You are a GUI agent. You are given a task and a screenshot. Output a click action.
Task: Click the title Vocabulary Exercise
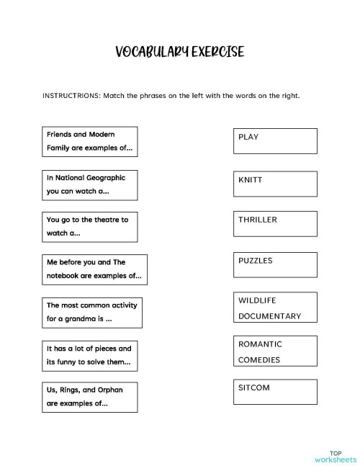[x=179, y=52]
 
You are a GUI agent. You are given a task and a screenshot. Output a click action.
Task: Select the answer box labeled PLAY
[x=275, y=140]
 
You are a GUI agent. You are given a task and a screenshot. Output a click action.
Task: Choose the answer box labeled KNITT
[x=275, y=184]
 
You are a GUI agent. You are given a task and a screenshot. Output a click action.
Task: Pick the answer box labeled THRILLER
[x=275, y=224]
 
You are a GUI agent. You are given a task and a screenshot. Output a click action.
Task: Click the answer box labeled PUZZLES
[x=275, y=265]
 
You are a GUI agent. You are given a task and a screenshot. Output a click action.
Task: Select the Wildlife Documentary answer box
[x=275, y=308]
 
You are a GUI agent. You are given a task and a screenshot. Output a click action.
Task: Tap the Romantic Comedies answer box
[x=275, y=351]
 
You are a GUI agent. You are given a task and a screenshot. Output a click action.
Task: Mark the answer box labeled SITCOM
[x=275, y=392]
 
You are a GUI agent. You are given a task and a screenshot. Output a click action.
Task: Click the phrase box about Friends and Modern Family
[x=90, y=141]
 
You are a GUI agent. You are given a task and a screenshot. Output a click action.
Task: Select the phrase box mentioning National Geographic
[x=90, y=184]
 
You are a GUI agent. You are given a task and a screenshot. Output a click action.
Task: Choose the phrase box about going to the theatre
[x=90, y=226]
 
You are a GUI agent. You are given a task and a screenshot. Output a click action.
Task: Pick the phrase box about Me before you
[x=94, y=269]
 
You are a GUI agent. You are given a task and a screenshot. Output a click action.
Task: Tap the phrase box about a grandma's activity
[x=92, y=312]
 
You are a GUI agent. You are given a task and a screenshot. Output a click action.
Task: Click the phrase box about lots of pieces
[x=90, y=355]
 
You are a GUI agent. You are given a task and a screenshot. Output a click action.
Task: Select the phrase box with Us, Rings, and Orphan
[x=90, y=397]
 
